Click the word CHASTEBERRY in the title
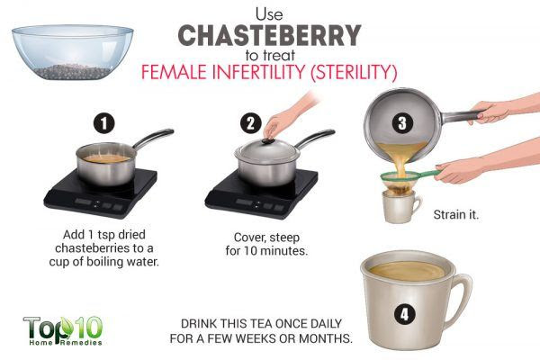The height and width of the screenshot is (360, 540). coord(269,36)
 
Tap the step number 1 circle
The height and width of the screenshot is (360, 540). coord(104,123)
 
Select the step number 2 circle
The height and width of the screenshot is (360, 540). coord(251,123)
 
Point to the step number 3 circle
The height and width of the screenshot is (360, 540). coord(402,123)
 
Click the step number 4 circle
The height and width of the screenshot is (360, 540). coord(404,314)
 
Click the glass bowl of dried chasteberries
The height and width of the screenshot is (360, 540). coord(72,52)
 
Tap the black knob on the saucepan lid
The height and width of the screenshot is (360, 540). coord(268,140)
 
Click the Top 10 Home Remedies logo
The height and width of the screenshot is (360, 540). coord(63,330)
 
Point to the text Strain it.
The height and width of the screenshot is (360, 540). coord(456,215)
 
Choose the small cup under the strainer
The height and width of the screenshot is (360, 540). coord(400,206)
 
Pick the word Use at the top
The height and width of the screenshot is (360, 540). coord(269,14)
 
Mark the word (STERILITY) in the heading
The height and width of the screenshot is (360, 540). coord(354,72)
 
